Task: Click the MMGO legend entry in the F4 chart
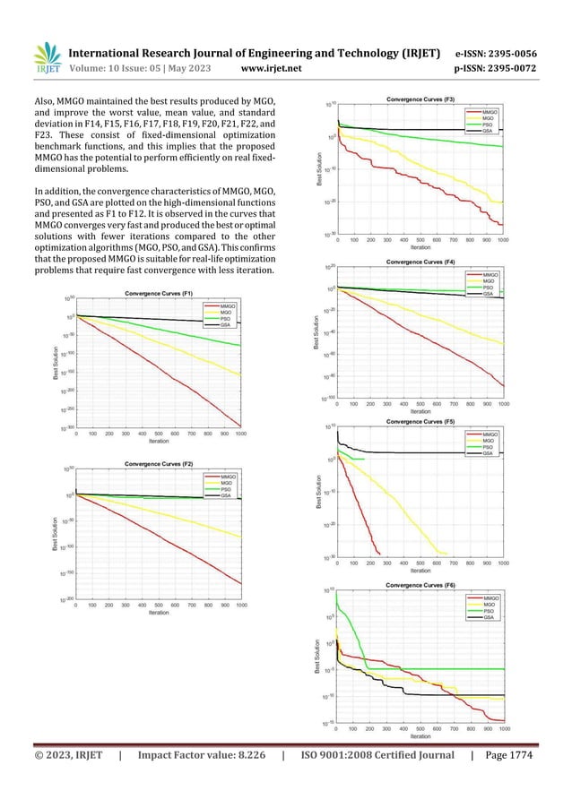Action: point(491,274)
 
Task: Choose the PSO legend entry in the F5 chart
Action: point(489,448)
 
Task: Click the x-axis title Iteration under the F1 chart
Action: point(159,441)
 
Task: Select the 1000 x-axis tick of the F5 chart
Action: point(503,563)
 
